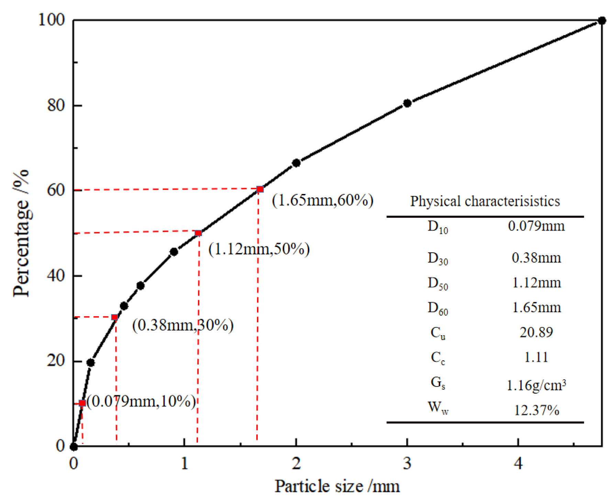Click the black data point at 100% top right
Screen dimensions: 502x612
tap(601, 21)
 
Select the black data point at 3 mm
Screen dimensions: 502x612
tap(407, 103)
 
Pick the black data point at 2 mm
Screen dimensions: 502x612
tap(296, 163)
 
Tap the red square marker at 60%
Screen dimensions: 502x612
tap(260, 189)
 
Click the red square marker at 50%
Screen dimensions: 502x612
tap(198, 233)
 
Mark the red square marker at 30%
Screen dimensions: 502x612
tap(115, 317)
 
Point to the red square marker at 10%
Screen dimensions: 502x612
tap(82, 403)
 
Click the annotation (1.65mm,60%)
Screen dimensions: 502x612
tap(322, 200)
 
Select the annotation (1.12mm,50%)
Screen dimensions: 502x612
tap(259, 249)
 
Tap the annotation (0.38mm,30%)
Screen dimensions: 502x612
tap(183, 325)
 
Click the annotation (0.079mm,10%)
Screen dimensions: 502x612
tap(141, 401)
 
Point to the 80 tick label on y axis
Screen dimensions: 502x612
tap(56, 105)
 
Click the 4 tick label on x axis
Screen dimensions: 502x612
tap(518, 463)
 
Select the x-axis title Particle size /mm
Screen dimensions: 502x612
tap(337, 486)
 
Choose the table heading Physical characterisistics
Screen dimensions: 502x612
tap(485, 201)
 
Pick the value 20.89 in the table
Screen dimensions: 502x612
tap(536, 332)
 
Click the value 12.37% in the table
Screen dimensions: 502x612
tap(536, 410)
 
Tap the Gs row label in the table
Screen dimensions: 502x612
tap(438, 383)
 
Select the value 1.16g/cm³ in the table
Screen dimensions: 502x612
tap(536, 385)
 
